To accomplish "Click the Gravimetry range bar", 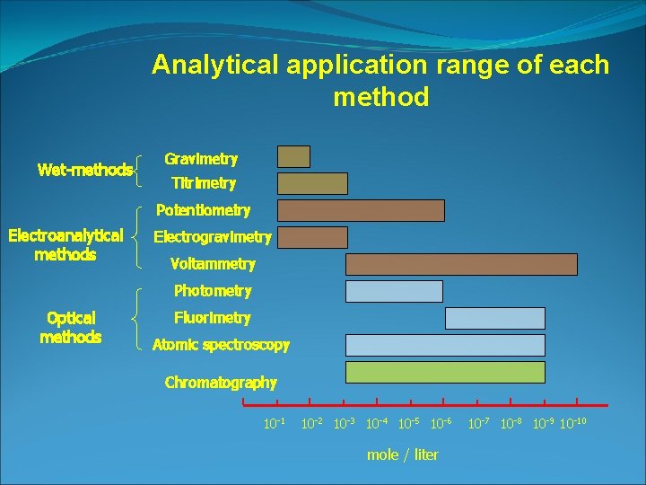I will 293,157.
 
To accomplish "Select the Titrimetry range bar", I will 312,183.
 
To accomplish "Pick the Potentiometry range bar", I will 361,210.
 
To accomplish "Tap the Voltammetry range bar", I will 461,264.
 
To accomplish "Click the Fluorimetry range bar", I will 495,318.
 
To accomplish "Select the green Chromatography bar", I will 445,372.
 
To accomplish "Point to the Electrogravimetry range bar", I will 312,237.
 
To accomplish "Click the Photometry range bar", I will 394,291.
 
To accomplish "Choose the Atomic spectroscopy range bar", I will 445,345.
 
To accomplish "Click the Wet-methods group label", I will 85,170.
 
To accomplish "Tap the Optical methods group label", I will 71,328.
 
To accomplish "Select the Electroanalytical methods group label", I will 65,245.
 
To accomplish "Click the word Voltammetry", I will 213,264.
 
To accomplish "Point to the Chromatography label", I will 221,383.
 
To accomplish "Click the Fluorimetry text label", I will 213,318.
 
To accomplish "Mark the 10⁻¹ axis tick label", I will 273,422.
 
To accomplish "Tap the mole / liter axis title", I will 403,454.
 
